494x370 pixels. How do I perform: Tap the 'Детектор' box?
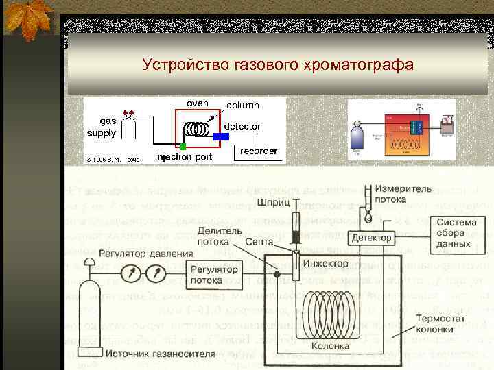click(x=371, y=238)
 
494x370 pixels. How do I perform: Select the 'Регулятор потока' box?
click(x=211, y=275)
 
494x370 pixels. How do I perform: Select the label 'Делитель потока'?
click(x=218, y=236)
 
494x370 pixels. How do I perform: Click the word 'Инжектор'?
click(x=325, y=263)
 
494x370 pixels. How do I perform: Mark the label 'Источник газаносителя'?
click(x=158, y=354)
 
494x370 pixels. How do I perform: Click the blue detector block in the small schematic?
click(x=221, y=136)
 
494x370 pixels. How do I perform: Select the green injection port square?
click(x=183, y=146)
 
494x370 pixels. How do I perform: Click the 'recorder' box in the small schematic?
click(x=258, y=151)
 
